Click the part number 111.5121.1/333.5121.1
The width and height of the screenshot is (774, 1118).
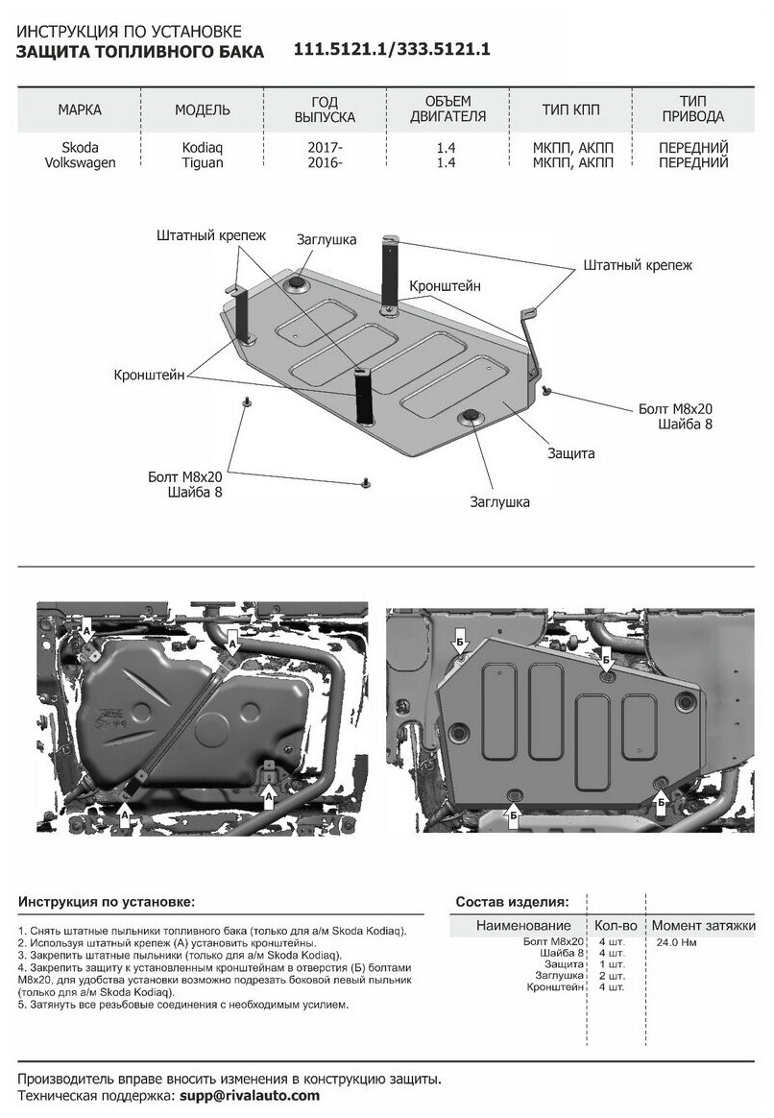(x=392, y=52)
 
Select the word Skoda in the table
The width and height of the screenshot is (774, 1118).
(x=80, y=148)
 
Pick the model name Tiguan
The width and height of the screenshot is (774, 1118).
(x=202, y=162)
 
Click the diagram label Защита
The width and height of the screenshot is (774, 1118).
(x=572, y=451)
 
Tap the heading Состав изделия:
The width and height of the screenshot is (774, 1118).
(x=511, y=903)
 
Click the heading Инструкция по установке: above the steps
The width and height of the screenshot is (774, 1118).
(x=106, y=903)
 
